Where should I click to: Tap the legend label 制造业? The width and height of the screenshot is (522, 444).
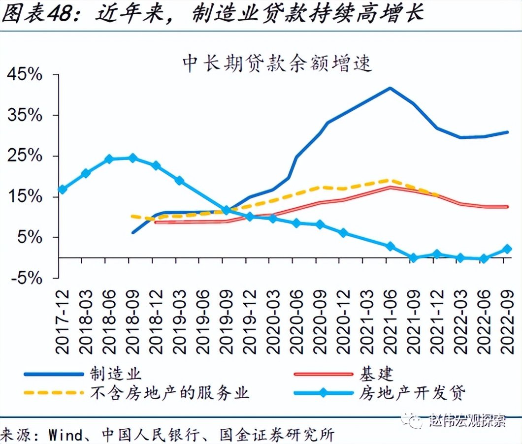(x=116, y=374)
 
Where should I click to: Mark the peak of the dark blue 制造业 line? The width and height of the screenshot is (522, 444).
(x=390, y=89)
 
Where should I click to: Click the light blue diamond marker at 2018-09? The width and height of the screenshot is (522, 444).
(x=132, y=158)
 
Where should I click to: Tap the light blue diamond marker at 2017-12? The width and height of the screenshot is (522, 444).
(x=63, y=190)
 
